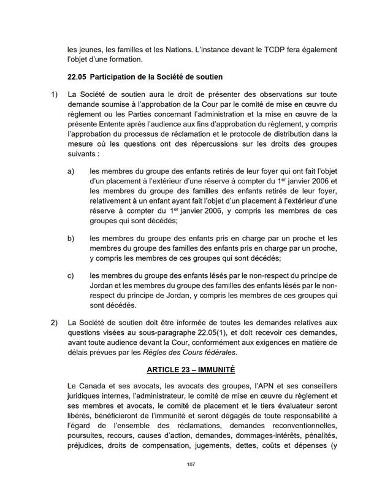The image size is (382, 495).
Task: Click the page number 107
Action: tap(191, 464)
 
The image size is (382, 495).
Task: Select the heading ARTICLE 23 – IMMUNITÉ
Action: tap(191, 370)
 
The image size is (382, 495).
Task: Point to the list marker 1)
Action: tap(54, 94)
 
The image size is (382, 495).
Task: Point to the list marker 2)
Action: tap(54, 323)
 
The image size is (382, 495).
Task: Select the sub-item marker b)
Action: tap(71, 238)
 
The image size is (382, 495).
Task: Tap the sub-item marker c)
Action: tap(71, 276)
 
